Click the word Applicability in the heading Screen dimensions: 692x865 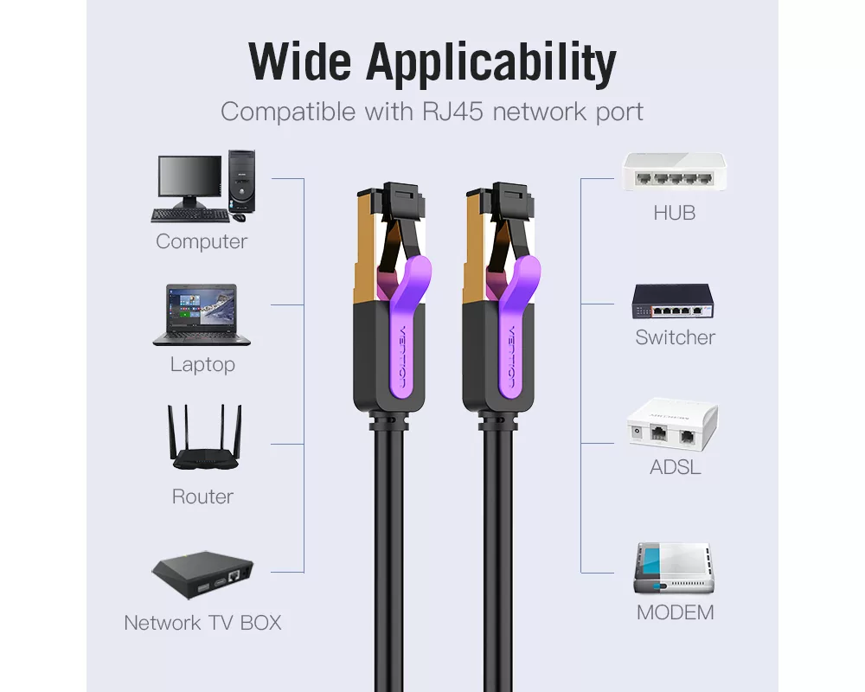click(x=491, y=63)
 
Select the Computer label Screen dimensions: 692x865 click(x=202, y=242)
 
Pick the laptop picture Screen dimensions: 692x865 click(x=202, y=315)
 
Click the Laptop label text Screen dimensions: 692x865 click(x=202, y=364)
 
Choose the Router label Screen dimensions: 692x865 click(x=202, y=497)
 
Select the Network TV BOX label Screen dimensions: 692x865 click(x=202, y=623)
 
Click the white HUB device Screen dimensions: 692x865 click(x=674, y=173)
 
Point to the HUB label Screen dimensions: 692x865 click(x=675, y=213)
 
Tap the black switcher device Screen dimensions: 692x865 click(x=672, y=301)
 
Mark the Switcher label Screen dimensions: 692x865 click(x=675, y=337)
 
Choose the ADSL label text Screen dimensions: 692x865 click(x=675, y=468)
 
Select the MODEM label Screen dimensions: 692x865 click(x=675, y=613)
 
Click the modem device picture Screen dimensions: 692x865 click(x=674, y=568)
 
